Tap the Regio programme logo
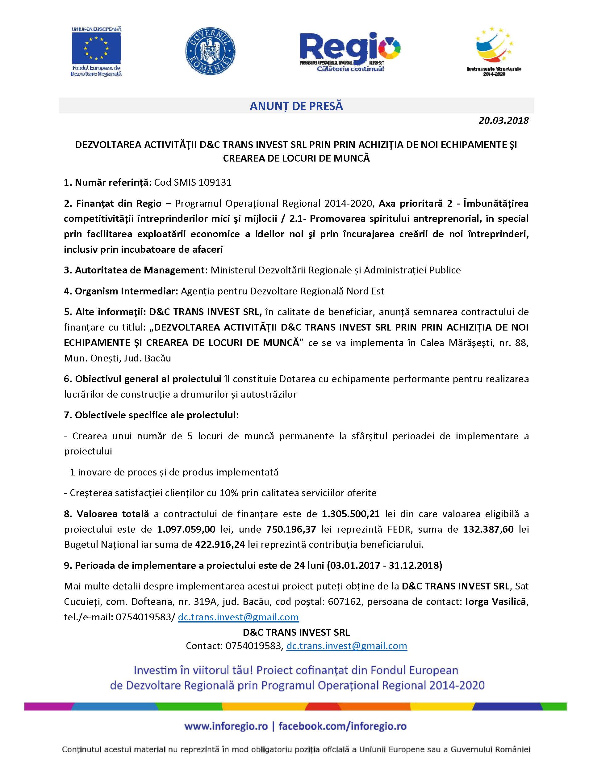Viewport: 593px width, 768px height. click(x=350, y=51)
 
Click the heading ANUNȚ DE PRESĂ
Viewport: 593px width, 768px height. click(x=296, y=106)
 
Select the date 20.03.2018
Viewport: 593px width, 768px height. click(x=503, y=120)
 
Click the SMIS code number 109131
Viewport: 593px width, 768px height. click(x=215, y=182)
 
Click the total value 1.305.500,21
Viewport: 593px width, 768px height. click(x=351, y=514)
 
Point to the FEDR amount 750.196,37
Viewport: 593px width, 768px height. click(x=291, y=529)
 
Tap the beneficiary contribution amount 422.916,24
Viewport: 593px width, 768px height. click(x=219, y=544)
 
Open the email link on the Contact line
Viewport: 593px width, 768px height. click(x=346, y=646)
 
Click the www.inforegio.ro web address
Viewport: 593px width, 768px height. click(x=226, y=726)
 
